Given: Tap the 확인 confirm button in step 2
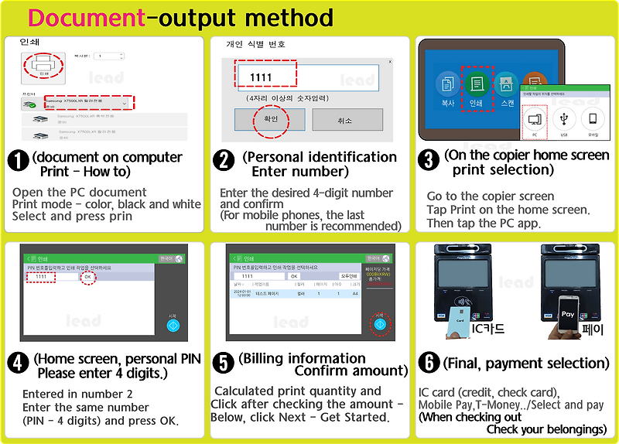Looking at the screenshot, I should click(269, 120).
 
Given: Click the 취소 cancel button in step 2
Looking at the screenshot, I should click(347, 120).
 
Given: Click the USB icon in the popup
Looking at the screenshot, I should click(564, 121).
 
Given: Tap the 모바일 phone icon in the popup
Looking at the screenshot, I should click(593, 121).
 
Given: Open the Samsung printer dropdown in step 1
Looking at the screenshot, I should click(89, 103).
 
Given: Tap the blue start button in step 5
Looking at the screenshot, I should click(379, 323).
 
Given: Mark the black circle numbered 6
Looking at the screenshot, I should click(428, 364).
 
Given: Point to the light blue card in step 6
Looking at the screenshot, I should click(460, 319).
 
